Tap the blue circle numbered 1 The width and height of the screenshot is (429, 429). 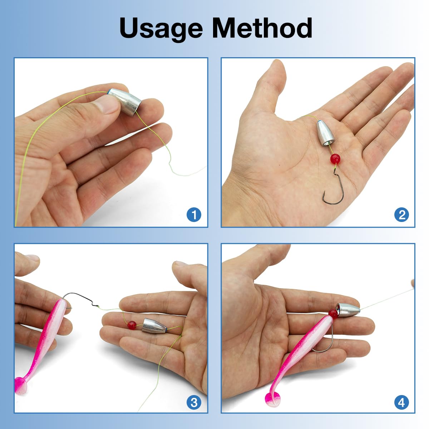click(x=194, y=215)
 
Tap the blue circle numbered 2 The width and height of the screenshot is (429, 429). click(x=401, y=215)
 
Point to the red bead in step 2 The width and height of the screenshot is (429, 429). click(x=335, y=158)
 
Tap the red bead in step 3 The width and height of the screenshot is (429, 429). click(x=132, y=325)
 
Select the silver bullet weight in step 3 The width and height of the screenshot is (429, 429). click(x=155, y=325)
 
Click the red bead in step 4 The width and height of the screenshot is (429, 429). click(x=333, y=314)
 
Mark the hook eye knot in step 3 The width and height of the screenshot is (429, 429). click(x=97, y=305)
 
